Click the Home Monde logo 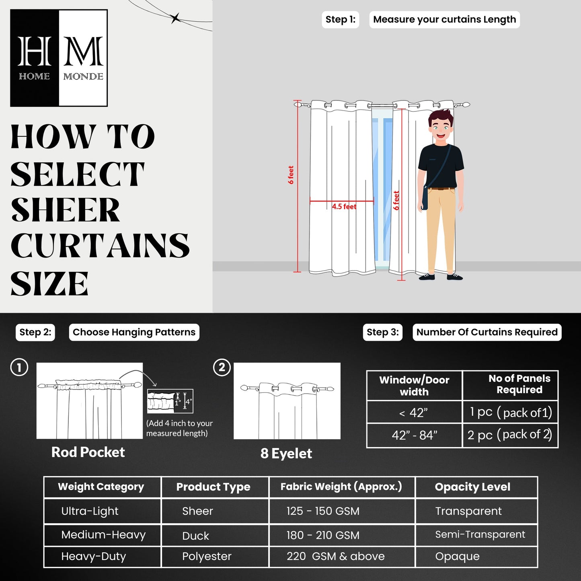tap(59, 58)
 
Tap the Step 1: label tap(340, 20)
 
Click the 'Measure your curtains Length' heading tap(444, 20)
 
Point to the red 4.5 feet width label tap(344, 207)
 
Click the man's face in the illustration tap(440, 129)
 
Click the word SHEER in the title tap(65, 210)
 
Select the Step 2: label tap(35, 333)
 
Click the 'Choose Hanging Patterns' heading tap(134, 333)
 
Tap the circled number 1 tap(19, 367)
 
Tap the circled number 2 tap(222, 367)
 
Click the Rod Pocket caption tap(88, 452)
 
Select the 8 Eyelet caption tap(286, 454)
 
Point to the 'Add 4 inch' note tap(179, 428)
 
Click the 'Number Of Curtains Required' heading tap(487, 333)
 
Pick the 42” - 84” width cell tap(414, 435)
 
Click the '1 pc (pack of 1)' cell tap(510, 412)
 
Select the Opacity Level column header tap(472, 487)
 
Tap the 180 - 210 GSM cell tap(323, 536)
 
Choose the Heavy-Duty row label tap(93, 556)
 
